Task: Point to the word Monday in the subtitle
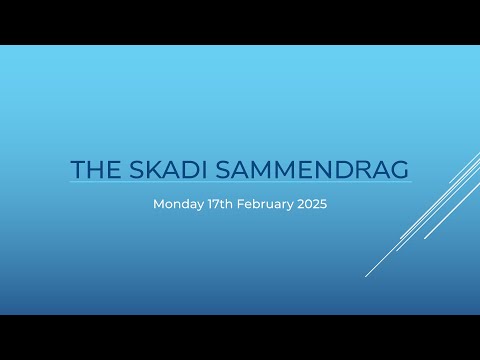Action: point(175,203)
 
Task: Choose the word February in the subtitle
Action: point(262,203)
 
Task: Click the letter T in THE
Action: point(78,169)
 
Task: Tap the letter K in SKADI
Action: point(146,169)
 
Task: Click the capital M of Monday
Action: point(158,203)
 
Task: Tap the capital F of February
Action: point(240,203)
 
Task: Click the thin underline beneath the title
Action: point(240,183)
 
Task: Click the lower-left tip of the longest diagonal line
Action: point(366,276)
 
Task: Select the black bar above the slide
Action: point(240,22)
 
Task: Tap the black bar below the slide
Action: point(240,337)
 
